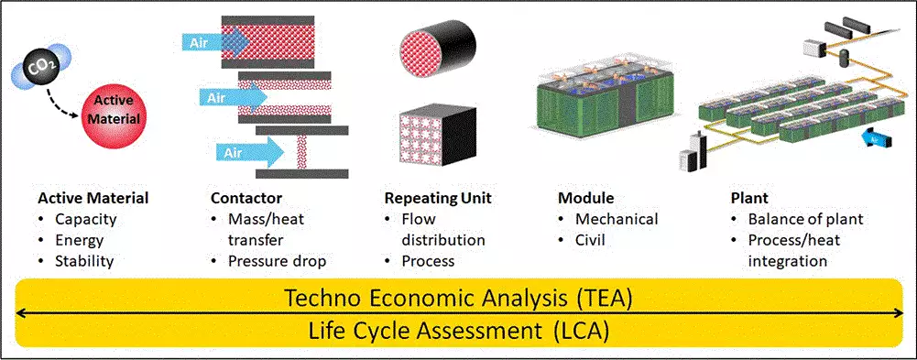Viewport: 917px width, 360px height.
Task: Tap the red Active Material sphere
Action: coord(115,111)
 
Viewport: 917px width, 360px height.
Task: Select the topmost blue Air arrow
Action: coord(217,43)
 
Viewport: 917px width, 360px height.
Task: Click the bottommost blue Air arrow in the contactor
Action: coord(250,152)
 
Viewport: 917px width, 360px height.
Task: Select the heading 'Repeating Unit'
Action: coord(438,199)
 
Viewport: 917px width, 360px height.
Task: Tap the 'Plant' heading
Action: coord(748,199)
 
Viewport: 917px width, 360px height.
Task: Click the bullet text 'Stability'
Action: coord(84,261)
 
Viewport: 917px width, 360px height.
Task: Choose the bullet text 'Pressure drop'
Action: coord(278,261)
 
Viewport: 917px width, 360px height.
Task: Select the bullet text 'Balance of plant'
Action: coord(806,220)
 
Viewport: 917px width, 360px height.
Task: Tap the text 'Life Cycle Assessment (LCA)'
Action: coord(459,332)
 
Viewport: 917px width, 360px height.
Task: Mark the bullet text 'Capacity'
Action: coord(86,221)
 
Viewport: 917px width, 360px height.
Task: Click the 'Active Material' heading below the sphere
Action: coord(93,199)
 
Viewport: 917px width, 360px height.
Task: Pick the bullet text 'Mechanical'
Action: coord(617,220)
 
